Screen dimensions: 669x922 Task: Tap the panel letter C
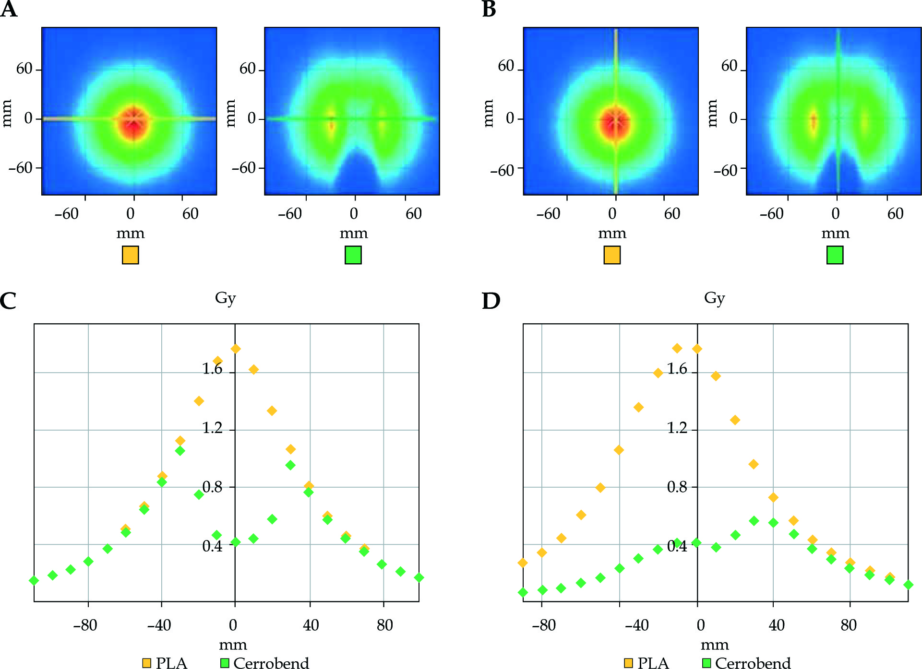(x=8, y=301)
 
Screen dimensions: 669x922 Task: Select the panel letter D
(x=491, y=301)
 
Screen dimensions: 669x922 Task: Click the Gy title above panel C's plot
(x=225, y=298)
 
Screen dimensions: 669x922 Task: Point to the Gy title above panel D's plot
(x=714, y=298)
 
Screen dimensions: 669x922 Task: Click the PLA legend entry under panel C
(x=165, y=663)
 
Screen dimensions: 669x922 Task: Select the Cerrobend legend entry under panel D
(x=746, y=663)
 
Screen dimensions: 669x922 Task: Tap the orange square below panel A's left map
(x=130, y=255)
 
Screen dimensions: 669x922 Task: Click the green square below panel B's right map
(x=835, y=255)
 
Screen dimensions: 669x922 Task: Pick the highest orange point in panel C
(x=235, y=349)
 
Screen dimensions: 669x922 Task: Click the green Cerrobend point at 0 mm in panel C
(x=235, y=542)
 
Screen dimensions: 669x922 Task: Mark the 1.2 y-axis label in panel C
(x=213, y=428)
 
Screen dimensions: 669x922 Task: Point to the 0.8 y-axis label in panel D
(x=677, y=487)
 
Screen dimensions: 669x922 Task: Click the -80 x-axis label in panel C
(x=85, y=625)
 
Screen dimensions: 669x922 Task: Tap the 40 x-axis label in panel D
(x=777, y=625)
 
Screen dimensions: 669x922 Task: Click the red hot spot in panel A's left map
(x=133, y=122)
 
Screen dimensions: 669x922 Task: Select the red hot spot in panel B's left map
(x=615, y=123)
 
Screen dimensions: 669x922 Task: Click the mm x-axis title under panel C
(x=233, y=645)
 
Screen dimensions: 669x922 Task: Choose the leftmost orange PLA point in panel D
(x=523, y=563)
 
